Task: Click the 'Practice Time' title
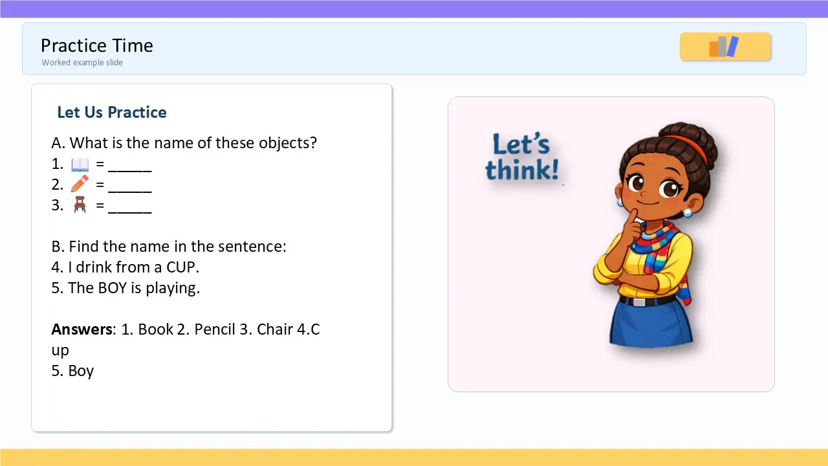click(x=97, y=46)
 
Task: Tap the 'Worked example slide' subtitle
click(x=82, y=63)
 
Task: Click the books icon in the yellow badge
click(x=724, y=47)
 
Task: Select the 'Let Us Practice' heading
click(x=112, y=113)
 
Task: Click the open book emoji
click(x=80, y=164)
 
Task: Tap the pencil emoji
click(x=80, y=184)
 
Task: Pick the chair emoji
click(x=80, y=205)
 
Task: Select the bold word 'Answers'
click(x=82, y=329)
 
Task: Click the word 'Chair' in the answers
click(x=273, y=329)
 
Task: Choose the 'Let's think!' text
click(x=522, y=157)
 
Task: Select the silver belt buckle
click(x=639, y=302)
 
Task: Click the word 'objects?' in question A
click(x=288, y=143)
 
